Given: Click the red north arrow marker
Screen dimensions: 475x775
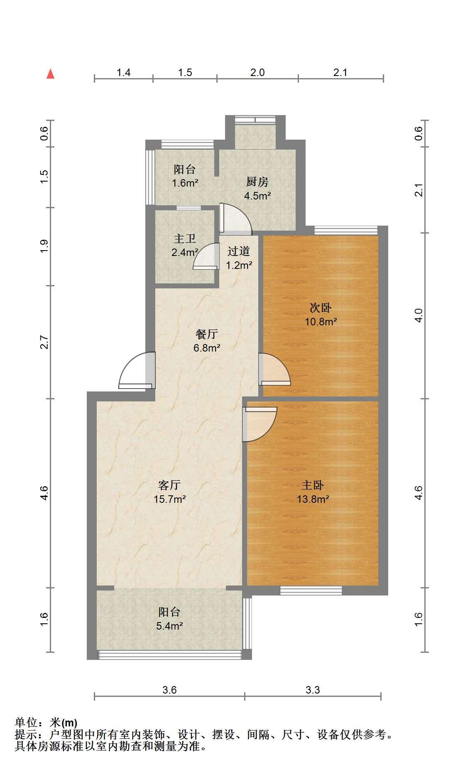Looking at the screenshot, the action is (51, 74).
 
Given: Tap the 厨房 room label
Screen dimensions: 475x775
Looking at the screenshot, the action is (257, 182).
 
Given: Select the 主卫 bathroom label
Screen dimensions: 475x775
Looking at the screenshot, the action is (185, 239).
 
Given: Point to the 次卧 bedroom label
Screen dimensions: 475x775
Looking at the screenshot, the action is (321, 308).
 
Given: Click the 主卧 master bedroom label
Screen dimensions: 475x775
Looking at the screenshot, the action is (313, 485).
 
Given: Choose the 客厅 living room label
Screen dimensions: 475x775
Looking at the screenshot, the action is (169, 485).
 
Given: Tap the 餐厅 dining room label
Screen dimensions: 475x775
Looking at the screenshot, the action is (206, 334).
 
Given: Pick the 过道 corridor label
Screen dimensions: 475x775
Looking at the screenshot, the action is (239, 251).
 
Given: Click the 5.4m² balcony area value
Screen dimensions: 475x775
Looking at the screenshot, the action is (169, 626).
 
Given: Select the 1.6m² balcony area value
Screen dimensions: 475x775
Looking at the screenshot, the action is (185, 183).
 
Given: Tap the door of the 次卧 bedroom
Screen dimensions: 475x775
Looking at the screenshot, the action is (274, 369).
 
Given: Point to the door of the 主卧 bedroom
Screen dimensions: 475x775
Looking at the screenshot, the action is (260, 424).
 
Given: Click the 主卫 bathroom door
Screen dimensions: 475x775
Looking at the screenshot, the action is (206, 256).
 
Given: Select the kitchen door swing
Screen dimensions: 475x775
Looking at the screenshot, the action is (235, 218).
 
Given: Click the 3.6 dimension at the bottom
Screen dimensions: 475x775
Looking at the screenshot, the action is (169, 690).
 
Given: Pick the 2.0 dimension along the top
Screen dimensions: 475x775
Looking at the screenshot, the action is (257, 72).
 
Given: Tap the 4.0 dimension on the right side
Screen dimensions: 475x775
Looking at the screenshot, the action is (419, 315).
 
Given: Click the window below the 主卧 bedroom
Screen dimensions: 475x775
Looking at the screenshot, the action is (311, 590).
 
